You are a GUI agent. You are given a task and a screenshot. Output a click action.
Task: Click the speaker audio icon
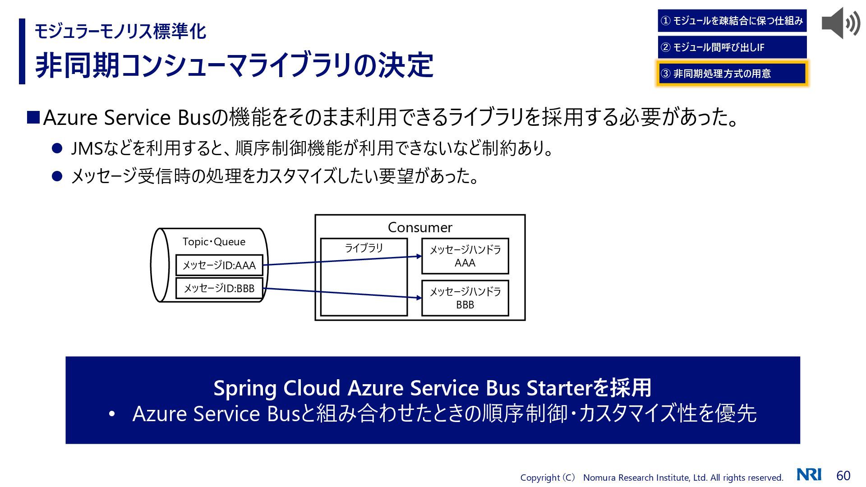pos(840,23)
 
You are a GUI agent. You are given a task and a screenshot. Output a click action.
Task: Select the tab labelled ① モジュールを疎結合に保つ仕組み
pos(732,21)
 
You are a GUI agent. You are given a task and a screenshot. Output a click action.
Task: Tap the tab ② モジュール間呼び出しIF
pos(732,47)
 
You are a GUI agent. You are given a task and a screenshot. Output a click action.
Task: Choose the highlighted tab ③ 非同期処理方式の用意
pos(732,74)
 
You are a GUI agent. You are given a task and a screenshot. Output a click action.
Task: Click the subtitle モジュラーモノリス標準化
pos(120,32)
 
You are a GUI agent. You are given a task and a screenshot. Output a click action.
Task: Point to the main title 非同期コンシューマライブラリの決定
pos(234,65)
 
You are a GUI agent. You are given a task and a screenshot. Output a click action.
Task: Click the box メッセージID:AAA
pos(219,265)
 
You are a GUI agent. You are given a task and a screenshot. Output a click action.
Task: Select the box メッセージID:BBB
pos(219,288)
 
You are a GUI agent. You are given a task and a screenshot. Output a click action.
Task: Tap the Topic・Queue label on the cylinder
pos(214,242)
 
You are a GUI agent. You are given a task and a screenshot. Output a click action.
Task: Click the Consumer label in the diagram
pos(420,228)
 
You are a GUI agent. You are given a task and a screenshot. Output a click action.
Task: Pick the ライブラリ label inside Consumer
pos(364,248)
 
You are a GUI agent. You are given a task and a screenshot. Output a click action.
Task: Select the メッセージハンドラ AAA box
pos(465,256)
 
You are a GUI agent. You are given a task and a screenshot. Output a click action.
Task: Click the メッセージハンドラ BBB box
pos(465,298)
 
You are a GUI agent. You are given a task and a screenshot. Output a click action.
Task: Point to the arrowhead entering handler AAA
pos(419,256)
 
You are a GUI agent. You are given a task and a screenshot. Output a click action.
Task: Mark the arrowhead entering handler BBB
pos(419,298)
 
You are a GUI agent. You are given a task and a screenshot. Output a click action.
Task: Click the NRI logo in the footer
pos(809,475)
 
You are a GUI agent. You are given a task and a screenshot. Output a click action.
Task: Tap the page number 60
pos(843,476)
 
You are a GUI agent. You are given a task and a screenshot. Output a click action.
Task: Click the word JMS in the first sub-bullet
pos(87,148)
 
